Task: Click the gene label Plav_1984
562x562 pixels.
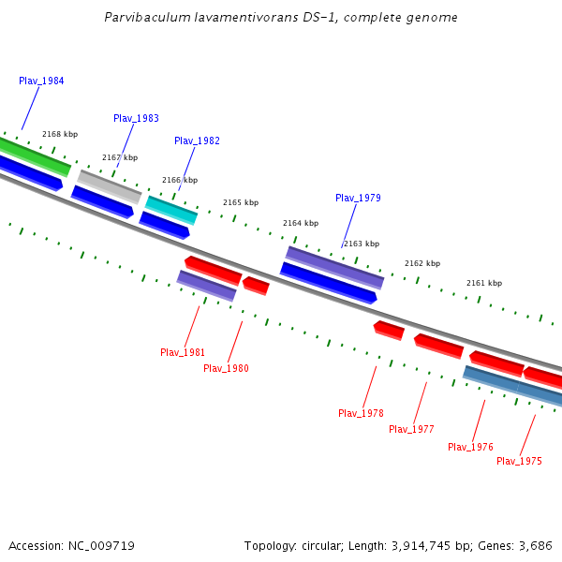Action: click(41, 81)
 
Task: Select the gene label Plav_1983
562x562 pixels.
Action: click(136, 119)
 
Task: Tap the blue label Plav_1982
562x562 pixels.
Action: click(197, 141)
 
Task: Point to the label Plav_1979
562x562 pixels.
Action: click(358, 199)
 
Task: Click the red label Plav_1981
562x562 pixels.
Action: click(183, 353)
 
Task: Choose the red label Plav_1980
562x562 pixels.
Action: click(226, 369)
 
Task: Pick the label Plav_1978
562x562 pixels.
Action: click(361, 414)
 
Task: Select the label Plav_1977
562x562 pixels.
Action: click(411, 430)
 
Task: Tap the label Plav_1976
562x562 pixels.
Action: click(470, 448)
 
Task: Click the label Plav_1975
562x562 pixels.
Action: click(519, 462)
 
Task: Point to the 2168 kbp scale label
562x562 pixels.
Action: click(60, 135)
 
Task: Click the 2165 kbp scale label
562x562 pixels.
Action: click(241, 203)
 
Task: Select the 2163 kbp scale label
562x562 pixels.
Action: click(362, 244)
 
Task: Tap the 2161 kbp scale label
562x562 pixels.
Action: click(484, 284)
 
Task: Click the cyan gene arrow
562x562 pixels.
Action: click(171, 210)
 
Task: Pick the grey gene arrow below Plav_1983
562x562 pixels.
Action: click(110, 186)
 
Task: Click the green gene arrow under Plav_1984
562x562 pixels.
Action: click(33, 156)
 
